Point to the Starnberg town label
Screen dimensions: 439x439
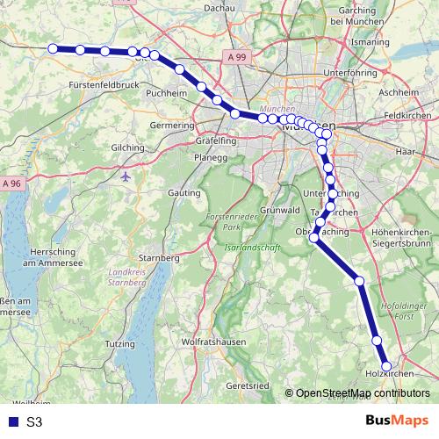(x=161, y=258)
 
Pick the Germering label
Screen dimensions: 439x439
(x=171, y=126)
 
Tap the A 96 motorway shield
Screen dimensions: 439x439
(x=11, y=184)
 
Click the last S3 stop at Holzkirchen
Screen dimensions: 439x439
(x=385, y=366)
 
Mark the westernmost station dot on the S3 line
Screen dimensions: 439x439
(x=54, y=49)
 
